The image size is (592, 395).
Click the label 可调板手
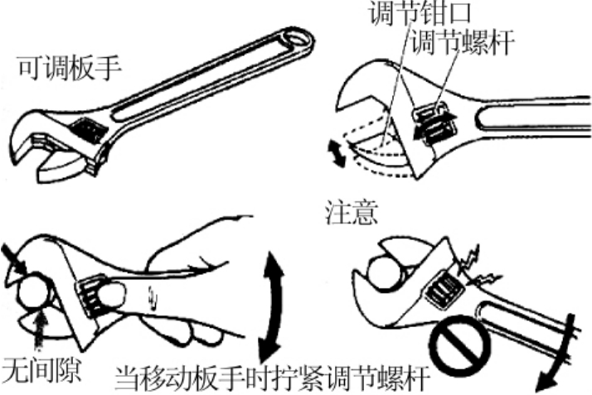[x=70, y=68]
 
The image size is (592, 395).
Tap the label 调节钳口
[x=420, y=12]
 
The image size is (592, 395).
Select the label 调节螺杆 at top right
[x=463, y=41]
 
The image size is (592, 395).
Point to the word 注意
[x=352, y=213]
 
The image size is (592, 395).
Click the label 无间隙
[x=41, y=369]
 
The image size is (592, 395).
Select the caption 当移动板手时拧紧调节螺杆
[x=273, y=378]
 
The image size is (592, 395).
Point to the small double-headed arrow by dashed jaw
[x=337, y=152]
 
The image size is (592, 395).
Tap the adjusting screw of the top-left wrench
[x=88, y=130]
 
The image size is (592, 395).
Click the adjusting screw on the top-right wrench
[x=434, y=124]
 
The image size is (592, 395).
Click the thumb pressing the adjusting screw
[x=110, y=295]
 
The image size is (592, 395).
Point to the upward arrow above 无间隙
[x=39, y=332]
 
